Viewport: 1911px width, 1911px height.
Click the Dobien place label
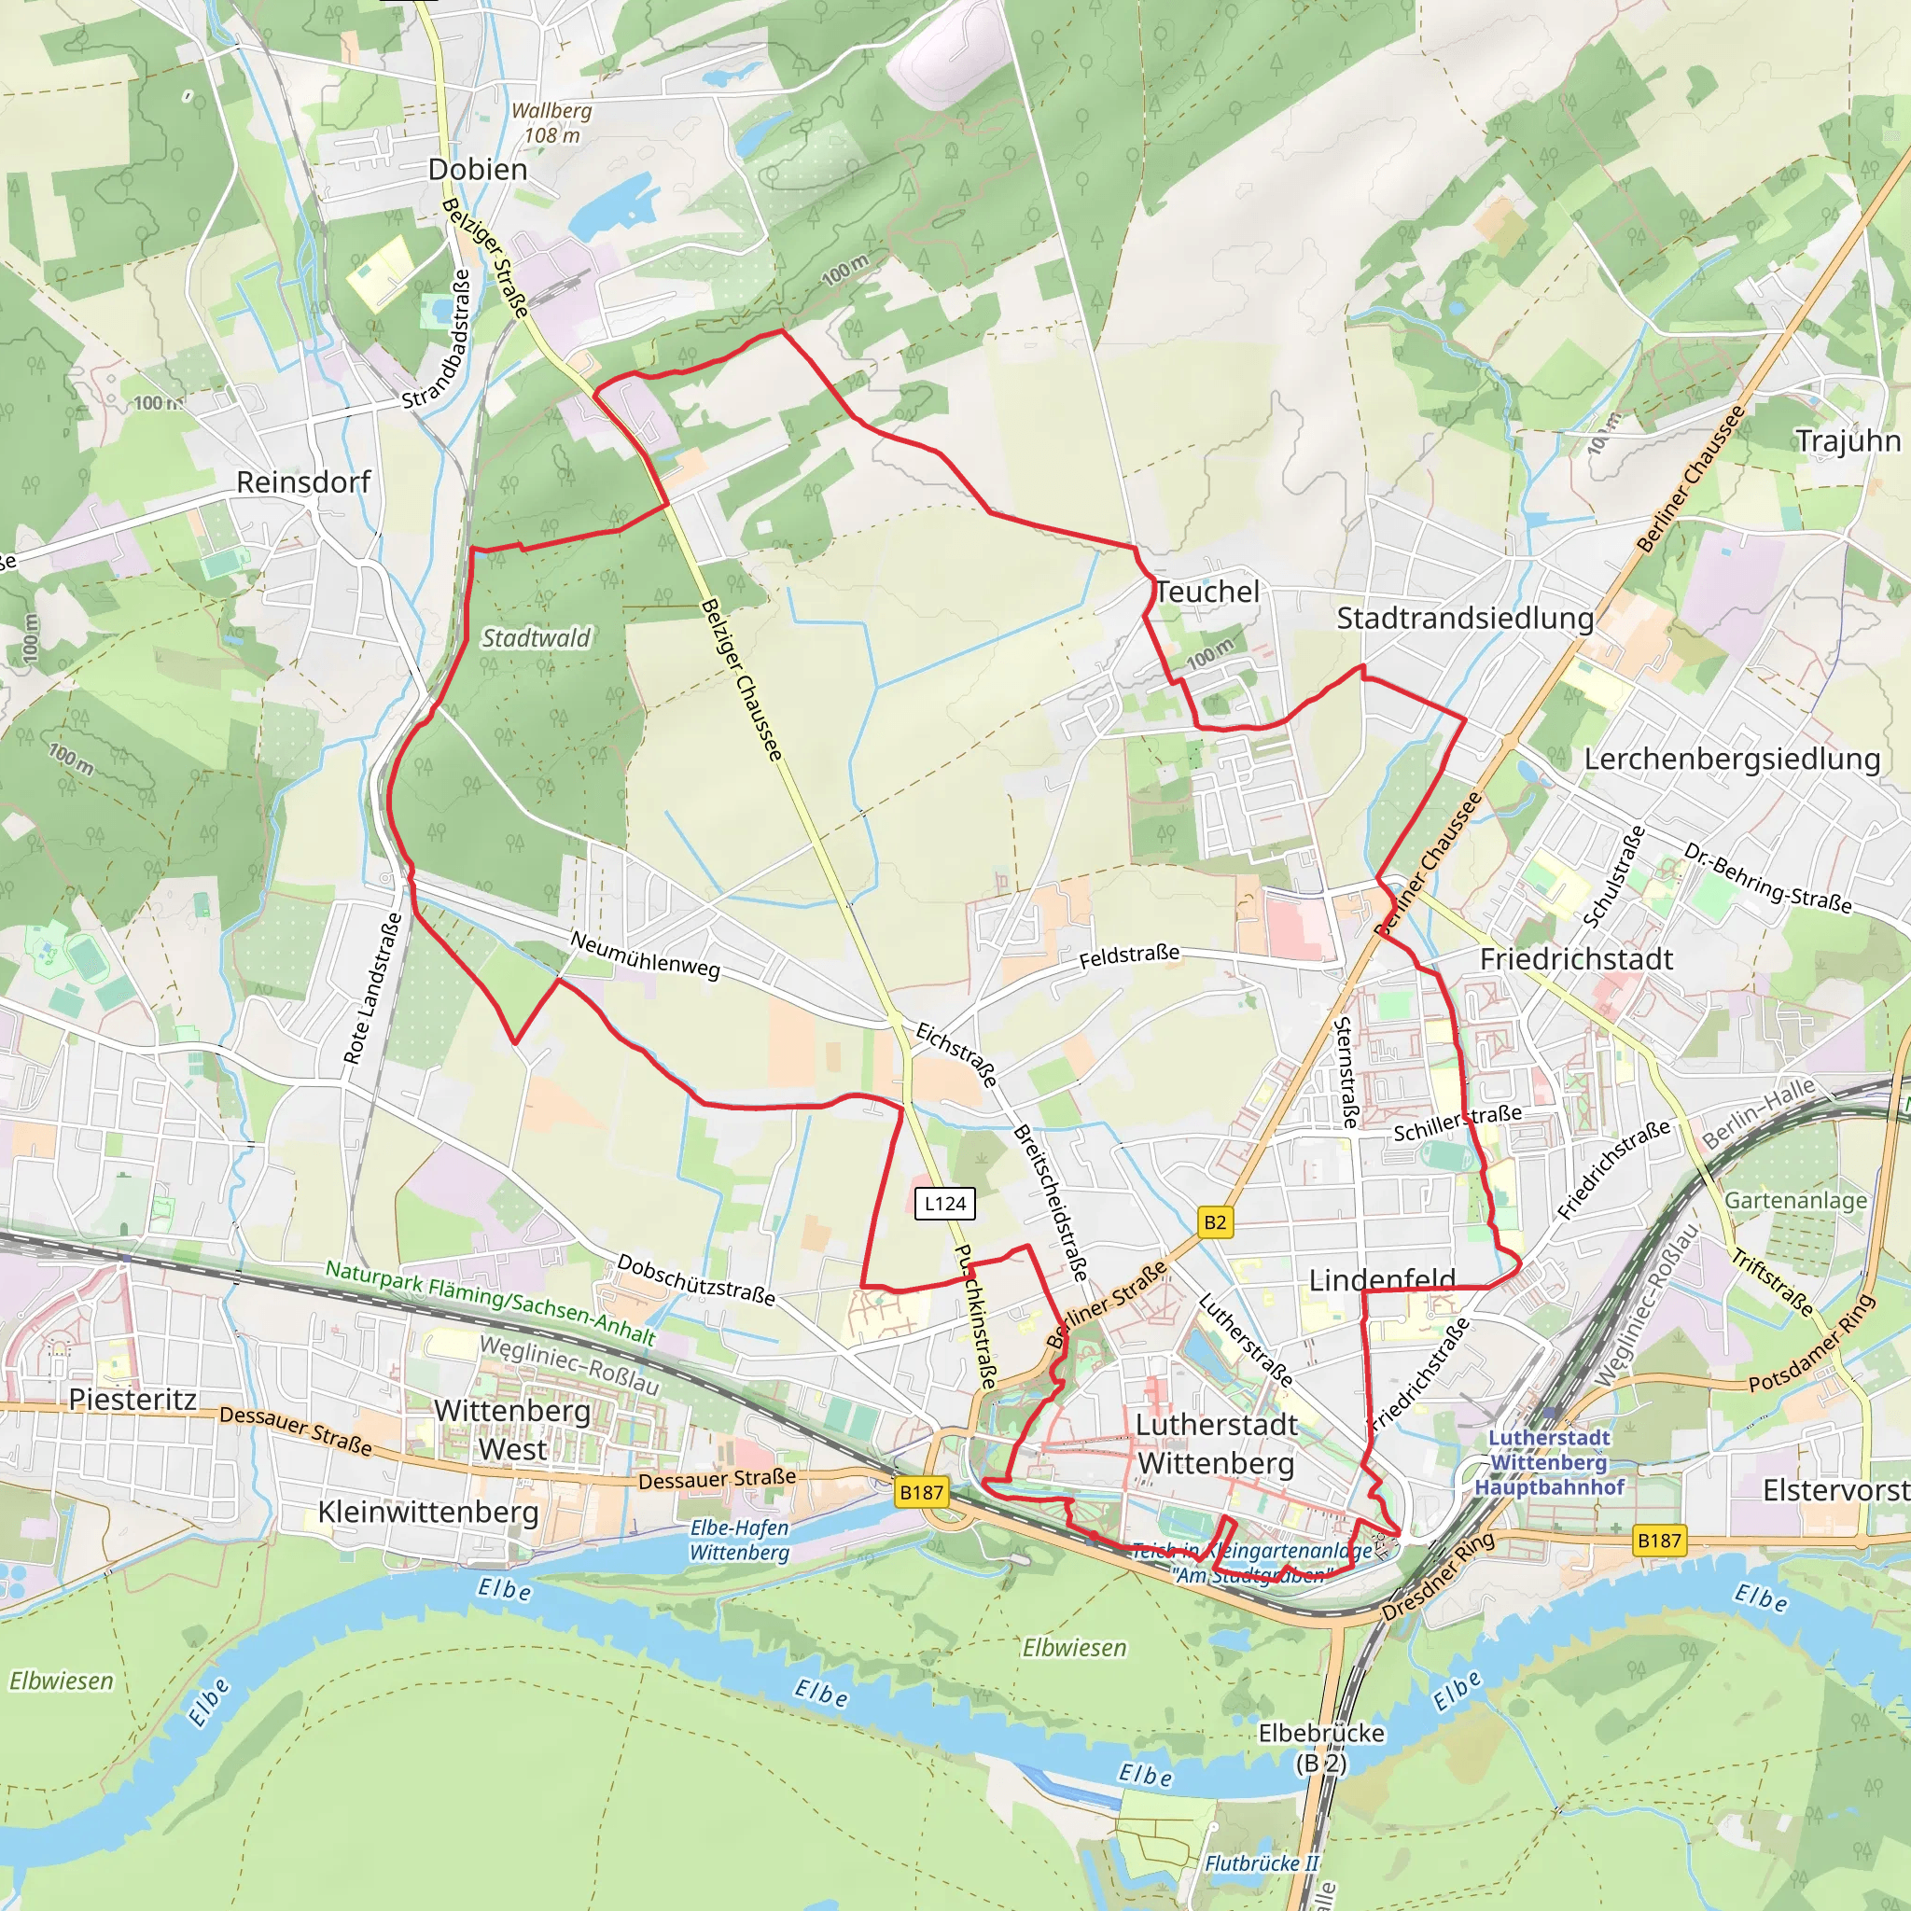coord(478,169)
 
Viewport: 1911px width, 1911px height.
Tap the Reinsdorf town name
coord(302,481)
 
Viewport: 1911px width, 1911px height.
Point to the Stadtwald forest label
coord(535,638)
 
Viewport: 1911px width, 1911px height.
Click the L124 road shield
coord(944,1203)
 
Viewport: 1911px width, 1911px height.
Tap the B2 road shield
coord(1215,1221)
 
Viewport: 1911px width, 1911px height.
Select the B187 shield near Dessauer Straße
coord(921,1492)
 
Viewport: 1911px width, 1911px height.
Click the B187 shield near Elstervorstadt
coord(1659,1539)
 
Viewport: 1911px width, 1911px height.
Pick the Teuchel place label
coord(1207,592)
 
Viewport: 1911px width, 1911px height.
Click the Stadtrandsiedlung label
coord(1465,619)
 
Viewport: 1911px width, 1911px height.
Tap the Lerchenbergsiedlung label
coord(1732,759)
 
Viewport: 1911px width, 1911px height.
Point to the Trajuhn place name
coord(1848,440)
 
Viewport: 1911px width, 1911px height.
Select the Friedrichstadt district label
coord(1576,958)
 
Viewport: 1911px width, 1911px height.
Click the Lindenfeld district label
coord(1382,1280)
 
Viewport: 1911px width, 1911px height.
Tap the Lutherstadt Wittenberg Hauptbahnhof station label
coord(1549,1462)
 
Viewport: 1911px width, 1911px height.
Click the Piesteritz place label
coord(133,1399)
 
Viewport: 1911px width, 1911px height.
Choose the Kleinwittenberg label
coord(428,1512)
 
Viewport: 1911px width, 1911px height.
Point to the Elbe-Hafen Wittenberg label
coord(739,1539)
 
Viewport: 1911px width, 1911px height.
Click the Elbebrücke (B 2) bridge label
coord(1320,1748)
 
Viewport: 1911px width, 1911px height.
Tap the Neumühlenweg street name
coord(645,955)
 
